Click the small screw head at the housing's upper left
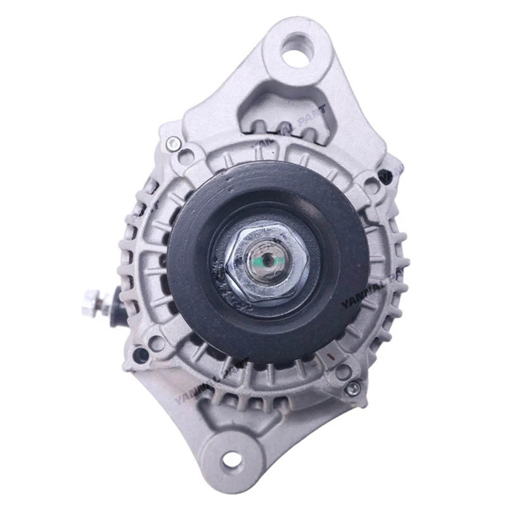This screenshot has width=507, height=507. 173,143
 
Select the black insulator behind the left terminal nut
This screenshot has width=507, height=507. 116,300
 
